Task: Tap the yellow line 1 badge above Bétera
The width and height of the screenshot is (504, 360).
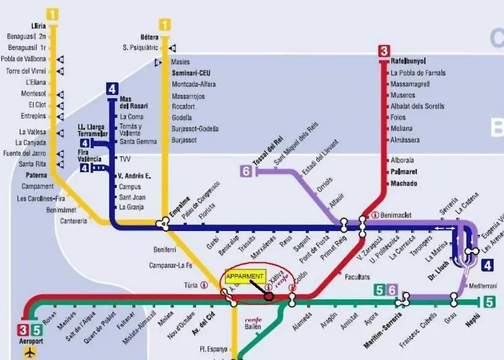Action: coord(165,25)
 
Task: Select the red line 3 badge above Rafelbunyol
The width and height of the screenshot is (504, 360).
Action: coord(384,50)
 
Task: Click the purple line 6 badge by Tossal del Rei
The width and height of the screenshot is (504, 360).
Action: coord(246,171)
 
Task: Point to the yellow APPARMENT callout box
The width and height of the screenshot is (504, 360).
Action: coord(245,276)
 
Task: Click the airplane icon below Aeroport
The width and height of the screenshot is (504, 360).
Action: coord(30,353)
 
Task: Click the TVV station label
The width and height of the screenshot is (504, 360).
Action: coord(125,159)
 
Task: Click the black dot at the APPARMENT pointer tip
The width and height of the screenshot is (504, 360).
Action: coord(269,294)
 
